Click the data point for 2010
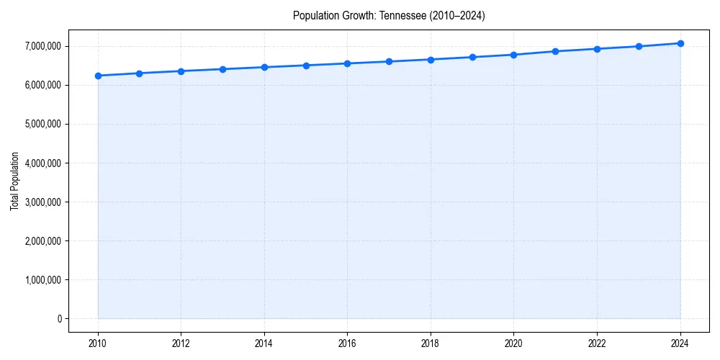98,76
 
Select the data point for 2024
680,43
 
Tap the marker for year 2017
389,61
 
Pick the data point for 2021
555,51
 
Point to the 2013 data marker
222,69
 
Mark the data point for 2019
472,57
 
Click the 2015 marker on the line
306,66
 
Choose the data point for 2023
639,46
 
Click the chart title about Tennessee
389,16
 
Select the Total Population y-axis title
14,181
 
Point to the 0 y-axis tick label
59,318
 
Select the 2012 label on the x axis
181,343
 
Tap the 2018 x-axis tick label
431,343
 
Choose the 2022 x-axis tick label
597,343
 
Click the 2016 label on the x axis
348,343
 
